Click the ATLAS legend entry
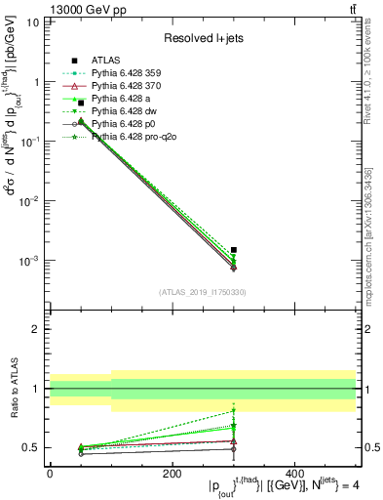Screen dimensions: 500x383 point(106,60)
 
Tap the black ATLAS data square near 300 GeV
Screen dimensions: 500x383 point(234,250)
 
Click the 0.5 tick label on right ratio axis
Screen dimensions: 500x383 point(369,448)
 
